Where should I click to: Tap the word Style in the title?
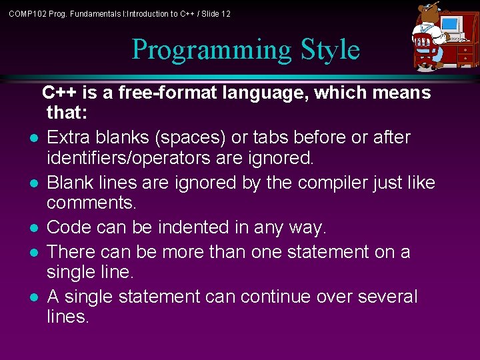[x=330, y=50]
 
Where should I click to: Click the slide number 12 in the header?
[x=225, y=13]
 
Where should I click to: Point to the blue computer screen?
[x=451, y=25]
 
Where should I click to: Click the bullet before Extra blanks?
[x=32, y=138]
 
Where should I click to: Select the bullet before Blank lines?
[x=32, y=183]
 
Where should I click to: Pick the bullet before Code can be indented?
[x=32, y=229]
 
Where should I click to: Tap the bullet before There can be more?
[x=32, y=253]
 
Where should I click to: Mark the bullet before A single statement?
[x=32, y=297]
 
